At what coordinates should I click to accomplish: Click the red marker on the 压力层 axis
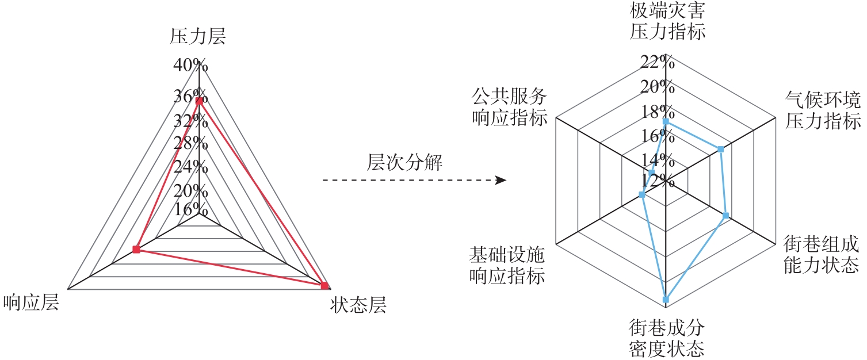click(x=199, y=101)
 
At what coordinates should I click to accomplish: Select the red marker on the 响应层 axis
click(x=136, y=250)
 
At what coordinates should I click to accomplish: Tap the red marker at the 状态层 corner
click(x=324, y=286)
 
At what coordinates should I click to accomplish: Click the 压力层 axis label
click(x=198, y=37)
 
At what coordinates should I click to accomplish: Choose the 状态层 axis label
click(x=358, y=305)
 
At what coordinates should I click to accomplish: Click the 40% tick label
click(x=190, y=65)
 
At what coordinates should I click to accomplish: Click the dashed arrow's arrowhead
click(x=501, y=181)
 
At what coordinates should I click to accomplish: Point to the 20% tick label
click(x=658, y=87)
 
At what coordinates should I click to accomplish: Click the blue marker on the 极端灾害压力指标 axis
click(x=666, y=121)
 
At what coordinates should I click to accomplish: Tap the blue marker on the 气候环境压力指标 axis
click(x=721, y=150)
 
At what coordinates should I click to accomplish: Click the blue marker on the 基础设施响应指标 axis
click(x=642, y=196)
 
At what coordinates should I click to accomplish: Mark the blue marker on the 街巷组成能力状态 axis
click(x=726, y=216)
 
